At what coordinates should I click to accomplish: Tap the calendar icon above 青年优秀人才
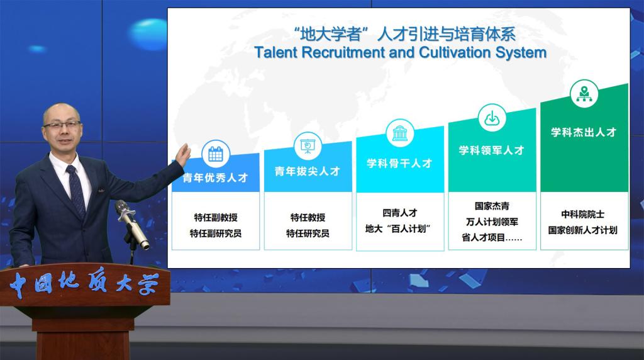(x=216, y=154)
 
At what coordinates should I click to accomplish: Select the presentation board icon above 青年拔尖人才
(x=308, y=145)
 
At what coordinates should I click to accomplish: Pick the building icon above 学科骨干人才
(x=399, y=133)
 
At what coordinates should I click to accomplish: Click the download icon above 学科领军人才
(x=492, y=118)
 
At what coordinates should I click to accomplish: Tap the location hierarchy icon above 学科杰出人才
(x=584, y=94)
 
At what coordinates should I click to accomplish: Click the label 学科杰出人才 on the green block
(x=584, y=132)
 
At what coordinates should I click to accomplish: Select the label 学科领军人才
(x=492, y=150)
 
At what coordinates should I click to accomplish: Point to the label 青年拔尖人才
(x=308, y=171)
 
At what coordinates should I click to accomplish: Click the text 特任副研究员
(x=216, y=233)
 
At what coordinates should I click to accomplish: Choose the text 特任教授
(x=308, y=217)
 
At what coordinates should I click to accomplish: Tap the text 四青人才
(x=399, y=213)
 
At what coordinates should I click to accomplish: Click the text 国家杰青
(x=492, y=206)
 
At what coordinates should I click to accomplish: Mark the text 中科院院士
(x=583, y=214)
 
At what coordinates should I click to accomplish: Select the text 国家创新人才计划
(x=583, y=230)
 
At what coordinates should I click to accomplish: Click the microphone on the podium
(x=132, y=224)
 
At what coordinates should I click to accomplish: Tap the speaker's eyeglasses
(x=62, y=125)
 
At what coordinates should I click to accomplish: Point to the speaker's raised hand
(x=183, y=155)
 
